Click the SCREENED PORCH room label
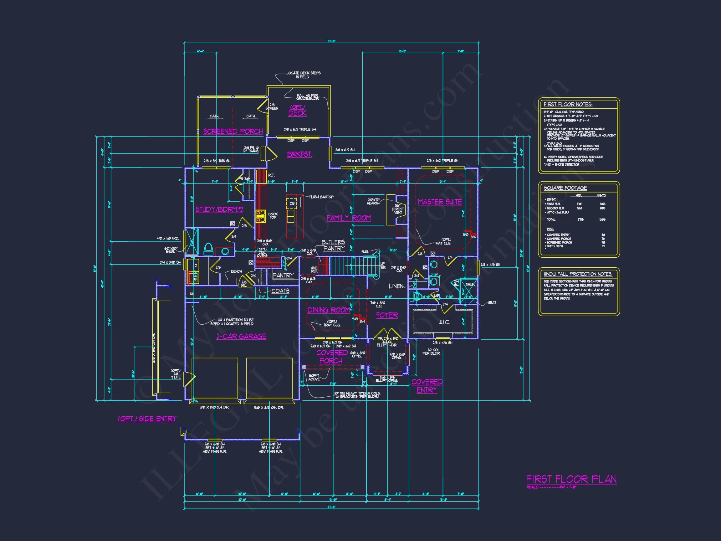tap(233, 131)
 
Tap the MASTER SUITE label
tap(440, 202)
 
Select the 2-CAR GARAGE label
tap(241, 336)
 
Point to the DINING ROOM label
tap(329, 310)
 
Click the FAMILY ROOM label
tap(348, 218)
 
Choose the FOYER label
tap(387, 315)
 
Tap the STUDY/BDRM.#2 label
tap(219, 209)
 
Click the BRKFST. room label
tap(299, 154)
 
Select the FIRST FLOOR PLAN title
tap(572, 479)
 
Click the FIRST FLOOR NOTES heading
tap(568, 104)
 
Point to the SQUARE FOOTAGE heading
tap(565, 188)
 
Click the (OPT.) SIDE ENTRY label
tap(147, 418)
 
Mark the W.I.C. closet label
tap(444, 322)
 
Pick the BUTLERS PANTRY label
tap(333, 245)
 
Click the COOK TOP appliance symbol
tap(260, 216)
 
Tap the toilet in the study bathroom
tap(208, 249)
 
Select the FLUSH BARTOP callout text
tap(321, 197)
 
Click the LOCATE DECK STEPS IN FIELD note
tap(303, 75)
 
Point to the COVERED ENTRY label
tap(427, 386)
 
